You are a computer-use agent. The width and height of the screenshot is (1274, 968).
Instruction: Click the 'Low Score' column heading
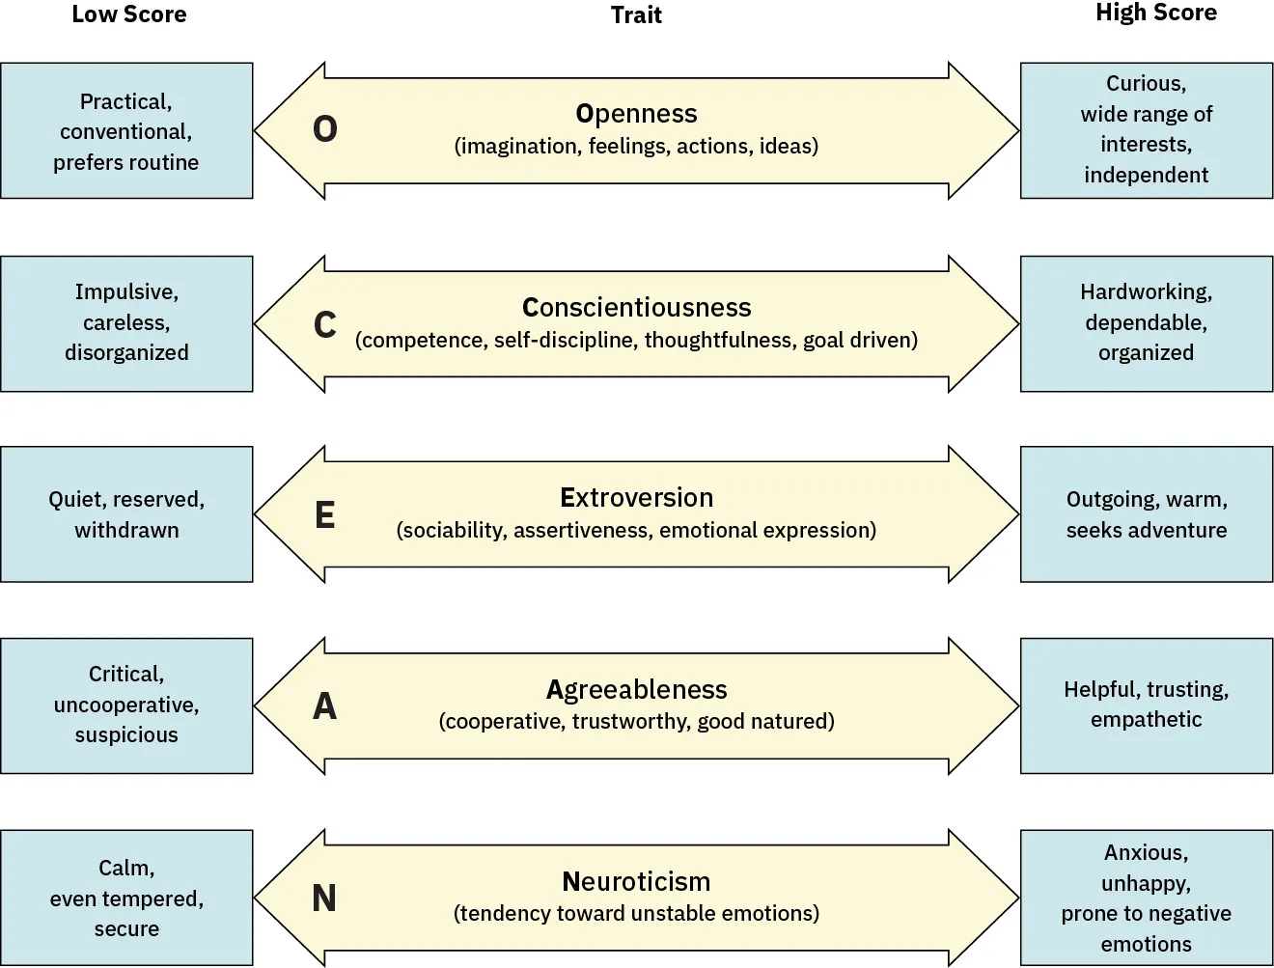point(128,14)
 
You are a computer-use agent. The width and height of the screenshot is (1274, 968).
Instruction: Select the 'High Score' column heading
point(1155,14)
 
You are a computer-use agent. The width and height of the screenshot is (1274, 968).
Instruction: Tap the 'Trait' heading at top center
point(636,15)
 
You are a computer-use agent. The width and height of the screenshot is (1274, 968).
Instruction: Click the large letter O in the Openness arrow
point(325,129)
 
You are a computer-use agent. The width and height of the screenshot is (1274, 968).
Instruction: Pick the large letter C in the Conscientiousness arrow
point(325,325)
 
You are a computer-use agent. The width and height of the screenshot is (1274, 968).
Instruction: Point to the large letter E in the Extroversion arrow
point(325,515)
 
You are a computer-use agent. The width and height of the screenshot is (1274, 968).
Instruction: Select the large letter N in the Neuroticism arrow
point(325,899)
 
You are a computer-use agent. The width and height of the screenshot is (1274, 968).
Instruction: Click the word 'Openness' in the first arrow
point(636,114)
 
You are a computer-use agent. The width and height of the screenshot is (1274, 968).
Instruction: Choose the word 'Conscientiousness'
point(636,308)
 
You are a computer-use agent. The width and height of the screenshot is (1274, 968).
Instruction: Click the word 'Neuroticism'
point(636,882)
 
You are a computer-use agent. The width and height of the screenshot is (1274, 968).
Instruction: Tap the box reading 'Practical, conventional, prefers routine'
point(126,131)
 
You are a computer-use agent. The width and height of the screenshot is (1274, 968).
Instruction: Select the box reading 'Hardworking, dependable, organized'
point(1146,323)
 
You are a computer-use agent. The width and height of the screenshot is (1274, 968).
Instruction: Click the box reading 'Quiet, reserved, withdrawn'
point(126,514)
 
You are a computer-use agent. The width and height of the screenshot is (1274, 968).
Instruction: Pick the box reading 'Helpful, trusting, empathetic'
point(1146,705)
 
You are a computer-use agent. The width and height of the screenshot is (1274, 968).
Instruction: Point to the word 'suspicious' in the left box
point(126,735)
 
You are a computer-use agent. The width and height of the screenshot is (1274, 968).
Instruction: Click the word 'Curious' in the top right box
point(1145,84)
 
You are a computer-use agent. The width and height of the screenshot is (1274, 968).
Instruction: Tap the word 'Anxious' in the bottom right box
point(1145,853)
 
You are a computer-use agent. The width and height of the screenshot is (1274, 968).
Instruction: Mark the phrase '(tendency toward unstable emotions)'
point(636,914)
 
